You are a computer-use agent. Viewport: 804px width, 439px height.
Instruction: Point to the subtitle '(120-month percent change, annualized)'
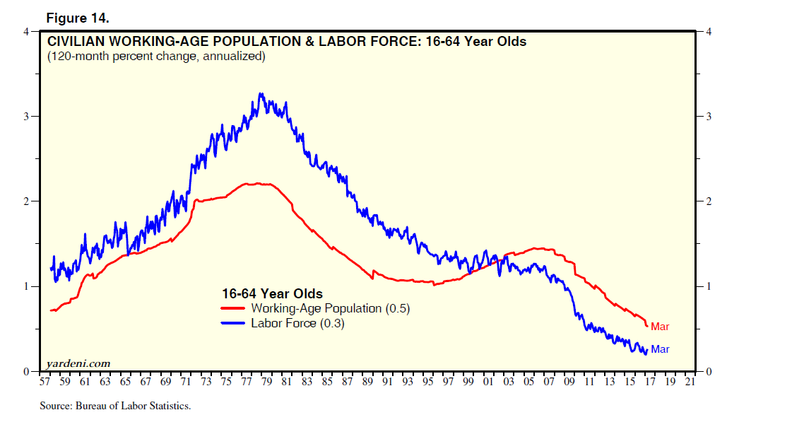[x=156, y=56]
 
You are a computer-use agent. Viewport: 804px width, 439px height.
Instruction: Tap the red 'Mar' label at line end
[x=660, y=327]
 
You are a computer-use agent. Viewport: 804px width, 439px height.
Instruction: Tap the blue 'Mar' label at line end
[x=660, y=349]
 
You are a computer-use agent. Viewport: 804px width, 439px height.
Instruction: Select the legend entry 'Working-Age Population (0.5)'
[x=330, y=308]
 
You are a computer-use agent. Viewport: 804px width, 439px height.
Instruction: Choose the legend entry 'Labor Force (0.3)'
[x=297, y=323]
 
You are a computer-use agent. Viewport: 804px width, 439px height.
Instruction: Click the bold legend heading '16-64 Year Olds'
[x=272, y=293]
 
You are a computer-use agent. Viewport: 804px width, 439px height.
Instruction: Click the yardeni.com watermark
[x=78, y=363]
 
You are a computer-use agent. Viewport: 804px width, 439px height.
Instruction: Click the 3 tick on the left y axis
[x=26, y=117]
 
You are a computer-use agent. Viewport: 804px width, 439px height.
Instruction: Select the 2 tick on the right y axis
[x=707, y=201]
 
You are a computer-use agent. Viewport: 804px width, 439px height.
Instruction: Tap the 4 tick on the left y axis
[x=26, y=32]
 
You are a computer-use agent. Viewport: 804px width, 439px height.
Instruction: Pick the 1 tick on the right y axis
[x=707, y=286]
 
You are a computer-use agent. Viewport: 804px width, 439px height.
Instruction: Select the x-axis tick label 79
[x=266, y=382]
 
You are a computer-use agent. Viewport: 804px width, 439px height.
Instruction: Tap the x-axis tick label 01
[x=488, y=382]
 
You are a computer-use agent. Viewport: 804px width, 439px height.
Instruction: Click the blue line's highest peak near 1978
[x=261, y=93]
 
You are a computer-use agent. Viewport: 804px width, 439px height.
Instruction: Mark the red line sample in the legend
[x=234, y=308]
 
